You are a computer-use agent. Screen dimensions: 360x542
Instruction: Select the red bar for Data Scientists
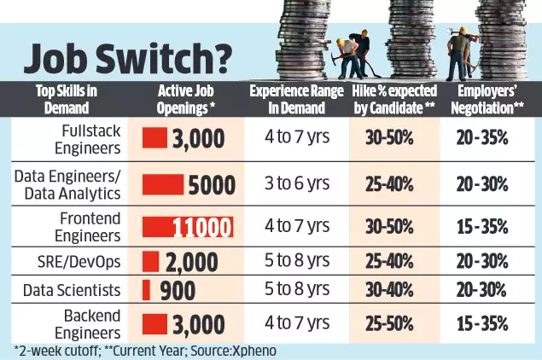146,288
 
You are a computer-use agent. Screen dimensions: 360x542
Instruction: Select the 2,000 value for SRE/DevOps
193,259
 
